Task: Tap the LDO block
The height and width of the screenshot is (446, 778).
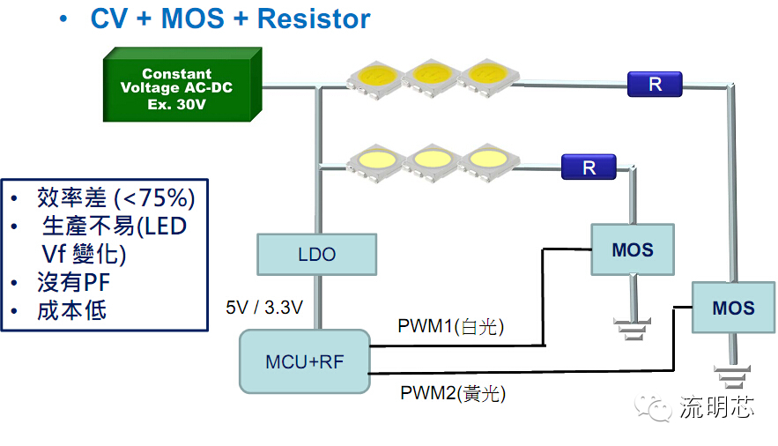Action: coord(316,254)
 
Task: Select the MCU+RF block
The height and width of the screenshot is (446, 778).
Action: coord(304,361)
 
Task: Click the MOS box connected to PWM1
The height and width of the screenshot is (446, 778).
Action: coord(633,249)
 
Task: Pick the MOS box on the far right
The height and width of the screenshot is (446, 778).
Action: coord(733,308)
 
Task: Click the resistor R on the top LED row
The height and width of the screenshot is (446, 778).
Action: coord(656,85)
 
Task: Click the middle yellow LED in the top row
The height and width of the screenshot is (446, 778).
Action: coord(431,75)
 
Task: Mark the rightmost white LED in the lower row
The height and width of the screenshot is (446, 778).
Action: coord(485,160)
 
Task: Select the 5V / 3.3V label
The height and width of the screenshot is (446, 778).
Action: coord(264,308)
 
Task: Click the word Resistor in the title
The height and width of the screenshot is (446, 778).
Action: coord(314,19)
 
